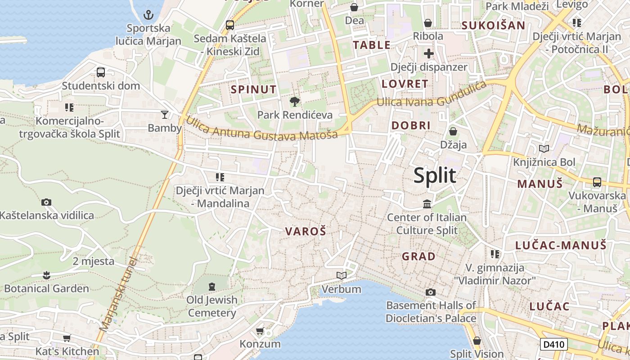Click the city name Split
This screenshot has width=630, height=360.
click(x=435, y=175)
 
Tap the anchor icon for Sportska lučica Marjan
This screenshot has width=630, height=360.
click(x=148, y=15)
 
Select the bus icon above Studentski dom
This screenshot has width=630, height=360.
click(x=101, y=72)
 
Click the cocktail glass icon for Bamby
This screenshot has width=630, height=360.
click(x=165, y=115)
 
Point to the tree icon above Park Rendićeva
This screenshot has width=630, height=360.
click(x=295, y=102)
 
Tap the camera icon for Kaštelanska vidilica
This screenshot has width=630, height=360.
click(x=46, y=202)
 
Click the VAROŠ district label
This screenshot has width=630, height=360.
click(x=306, y=232)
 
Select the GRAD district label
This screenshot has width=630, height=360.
click(x=418, y=256)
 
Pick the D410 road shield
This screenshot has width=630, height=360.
click(x=553, y=345)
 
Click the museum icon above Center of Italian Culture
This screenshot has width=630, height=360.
click(x=427, y=204)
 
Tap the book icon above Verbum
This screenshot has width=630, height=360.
click(x=342, y=275)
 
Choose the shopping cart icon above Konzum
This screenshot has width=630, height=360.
click(x=260, y=331)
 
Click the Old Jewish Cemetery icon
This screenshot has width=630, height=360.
click(x=212, y=286)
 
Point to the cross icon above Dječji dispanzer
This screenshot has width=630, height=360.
click(x=428, y=54)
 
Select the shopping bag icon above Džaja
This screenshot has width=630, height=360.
click(x=453, y=131)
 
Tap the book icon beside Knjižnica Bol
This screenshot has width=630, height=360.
click(x=544, y=148)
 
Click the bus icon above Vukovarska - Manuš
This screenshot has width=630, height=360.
click(x=597, y=182)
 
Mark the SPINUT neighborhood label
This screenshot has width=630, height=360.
click(x=254, y=90)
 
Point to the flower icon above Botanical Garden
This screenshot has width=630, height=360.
click(x=46, y=275)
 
